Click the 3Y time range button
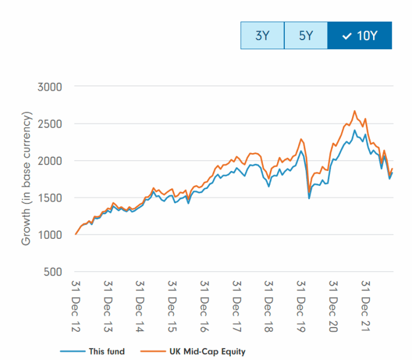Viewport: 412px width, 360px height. point(262,35)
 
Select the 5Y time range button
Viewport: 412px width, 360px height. point(306,35)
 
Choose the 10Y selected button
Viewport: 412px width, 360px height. point(360,35)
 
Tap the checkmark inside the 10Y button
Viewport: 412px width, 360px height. point(346,36)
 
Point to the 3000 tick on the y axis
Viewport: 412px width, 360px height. point(50,86)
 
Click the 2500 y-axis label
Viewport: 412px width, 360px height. point(50,124)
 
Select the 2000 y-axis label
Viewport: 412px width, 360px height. point(50,161)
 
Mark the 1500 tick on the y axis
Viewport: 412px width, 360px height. point(50,198)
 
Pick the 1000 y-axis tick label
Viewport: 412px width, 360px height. point(50,235)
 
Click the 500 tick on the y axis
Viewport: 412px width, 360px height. point(53,272)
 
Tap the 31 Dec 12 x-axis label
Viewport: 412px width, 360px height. point(76,305)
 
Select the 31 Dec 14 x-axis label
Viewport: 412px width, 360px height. point(140,305)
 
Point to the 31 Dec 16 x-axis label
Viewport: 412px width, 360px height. point(205,305)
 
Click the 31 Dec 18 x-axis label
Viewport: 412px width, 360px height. point(269,305)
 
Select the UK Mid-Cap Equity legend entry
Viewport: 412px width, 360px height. point(192,352)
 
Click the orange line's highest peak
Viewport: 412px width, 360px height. point(354,111)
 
